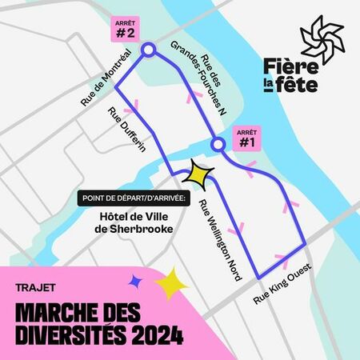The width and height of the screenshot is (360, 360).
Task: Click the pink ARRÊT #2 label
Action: (124, 30)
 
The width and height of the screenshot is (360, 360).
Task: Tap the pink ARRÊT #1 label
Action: (246, 138)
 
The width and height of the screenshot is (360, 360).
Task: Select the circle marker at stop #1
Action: (218, 145)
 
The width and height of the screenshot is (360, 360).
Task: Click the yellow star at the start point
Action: (198, 173)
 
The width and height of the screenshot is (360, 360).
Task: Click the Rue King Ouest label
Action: (281, 284)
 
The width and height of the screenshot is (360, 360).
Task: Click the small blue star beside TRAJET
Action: (134, 280)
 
